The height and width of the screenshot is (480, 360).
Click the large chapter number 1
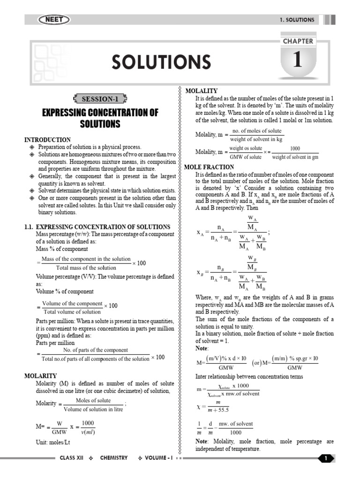[x=297, y=61]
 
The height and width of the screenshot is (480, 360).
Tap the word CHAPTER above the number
[x=297, y=41]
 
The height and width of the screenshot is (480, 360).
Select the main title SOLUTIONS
[x=161, y=62]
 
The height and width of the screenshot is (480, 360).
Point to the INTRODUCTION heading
[x=48, y=140]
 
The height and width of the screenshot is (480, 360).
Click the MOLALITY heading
[x=202, y=90]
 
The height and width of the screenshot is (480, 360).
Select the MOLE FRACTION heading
[x=210, y=167]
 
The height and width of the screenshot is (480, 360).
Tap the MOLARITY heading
[x=40, y=375]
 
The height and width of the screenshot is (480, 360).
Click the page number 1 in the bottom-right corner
[x=325, y=458]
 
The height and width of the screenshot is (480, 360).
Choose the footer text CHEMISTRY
[x=113, y=458]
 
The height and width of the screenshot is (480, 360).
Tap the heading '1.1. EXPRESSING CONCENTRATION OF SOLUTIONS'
[x=97, y=227]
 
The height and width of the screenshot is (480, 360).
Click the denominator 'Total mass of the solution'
[x=86, y=268]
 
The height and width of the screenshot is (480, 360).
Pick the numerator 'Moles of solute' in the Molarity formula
[x=93, y=400]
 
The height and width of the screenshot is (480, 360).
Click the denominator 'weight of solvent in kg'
[x=256, y=139]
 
